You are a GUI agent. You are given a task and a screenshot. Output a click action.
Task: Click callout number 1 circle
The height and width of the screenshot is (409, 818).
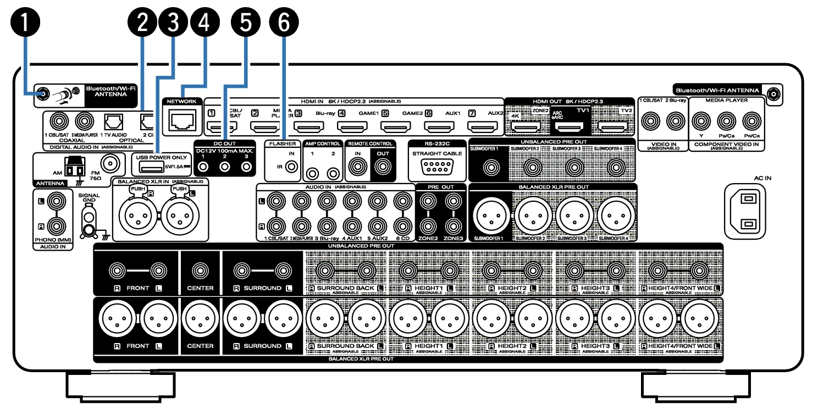pyautogui.click(x=26, y=23)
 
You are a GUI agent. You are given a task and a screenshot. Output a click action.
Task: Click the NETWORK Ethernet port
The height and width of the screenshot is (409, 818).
pyautogui.click(x=183, y=120)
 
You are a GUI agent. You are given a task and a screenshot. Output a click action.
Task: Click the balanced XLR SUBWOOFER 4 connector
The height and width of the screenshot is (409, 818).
pyautogui.click(x=616, y=215)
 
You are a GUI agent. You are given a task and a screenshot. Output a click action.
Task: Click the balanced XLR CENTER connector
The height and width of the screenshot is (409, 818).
pyautogui.click(x=200, y=320)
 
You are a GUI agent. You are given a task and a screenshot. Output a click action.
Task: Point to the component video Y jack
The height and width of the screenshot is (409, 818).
pyautogui.click(x=699, y=119)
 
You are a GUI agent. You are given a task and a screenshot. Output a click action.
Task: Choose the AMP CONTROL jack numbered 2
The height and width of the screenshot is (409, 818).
pyautogui.click(x=332, y=174)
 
